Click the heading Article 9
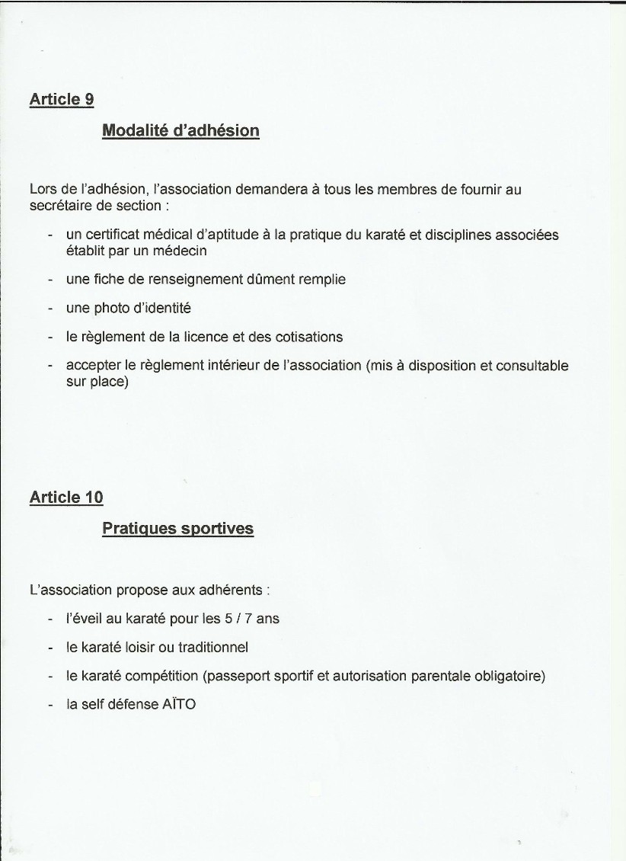tap(61, 99)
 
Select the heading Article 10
tap(65, 498)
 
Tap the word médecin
tap(182, 251)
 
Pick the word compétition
tap(162, 677)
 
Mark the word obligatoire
tap(505, 677)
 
